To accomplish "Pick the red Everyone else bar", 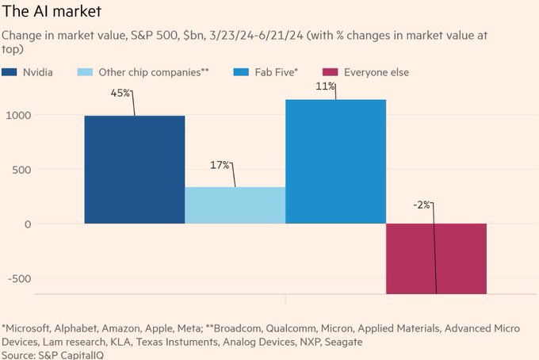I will point(436,259).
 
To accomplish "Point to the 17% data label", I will point(220,165).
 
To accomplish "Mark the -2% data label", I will point(422,205).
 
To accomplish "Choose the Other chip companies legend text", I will point(154,72).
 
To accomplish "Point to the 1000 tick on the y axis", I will point(17,115).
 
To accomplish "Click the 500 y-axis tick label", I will point(20,170).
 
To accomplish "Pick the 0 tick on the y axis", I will point(27,224).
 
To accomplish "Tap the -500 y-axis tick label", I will point(17,278).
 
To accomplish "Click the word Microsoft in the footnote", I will point(32,327).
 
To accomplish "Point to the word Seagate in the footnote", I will point(342,341).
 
